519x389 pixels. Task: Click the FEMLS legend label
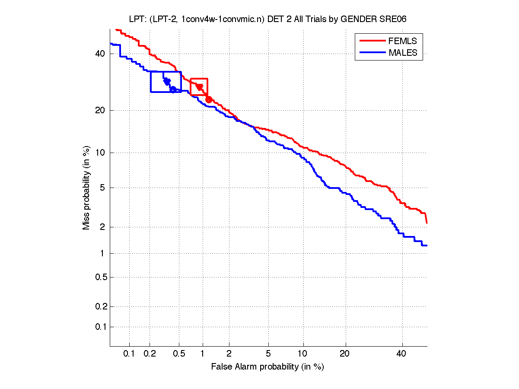click(x=403, y=41)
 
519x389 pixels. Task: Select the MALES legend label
click(x=403, y=53)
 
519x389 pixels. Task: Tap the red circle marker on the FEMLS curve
click(x=209, y=99)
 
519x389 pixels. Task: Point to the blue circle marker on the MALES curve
click(x=173, y=89)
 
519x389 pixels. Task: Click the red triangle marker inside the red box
click(x=200, y=87)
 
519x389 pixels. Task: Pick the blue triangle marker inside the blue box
click(x=167, y=82)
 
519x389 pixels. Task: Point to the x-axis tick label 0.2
click(x=150, y=354)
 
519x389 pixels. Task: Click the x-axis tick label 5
click(x=268, y=354)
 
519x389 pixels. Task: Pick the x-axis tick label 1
click(x=202, y=354)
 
